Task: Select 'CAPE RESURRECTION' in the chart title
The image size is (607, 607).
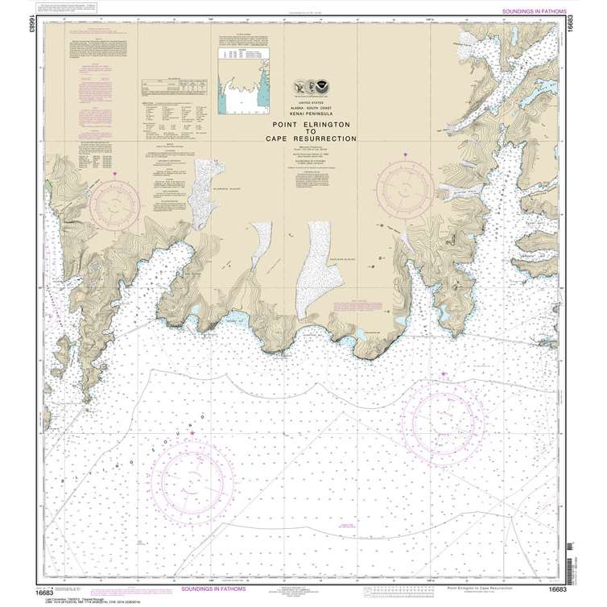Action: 314,139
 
